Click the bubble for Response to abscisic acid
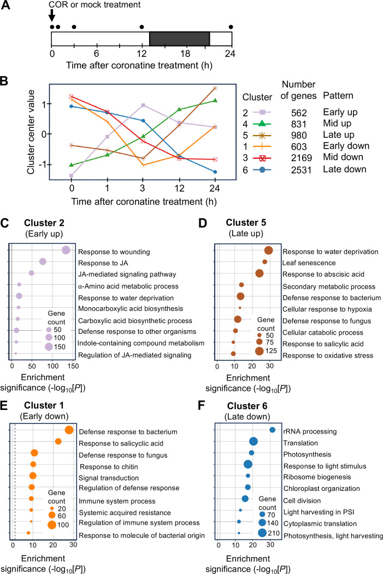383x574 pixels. [x=260, y=273]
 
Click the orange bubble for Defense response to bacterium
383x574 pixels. [x=69, y=384]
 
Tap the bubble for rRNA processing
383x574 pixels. [x=273, y=384]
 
